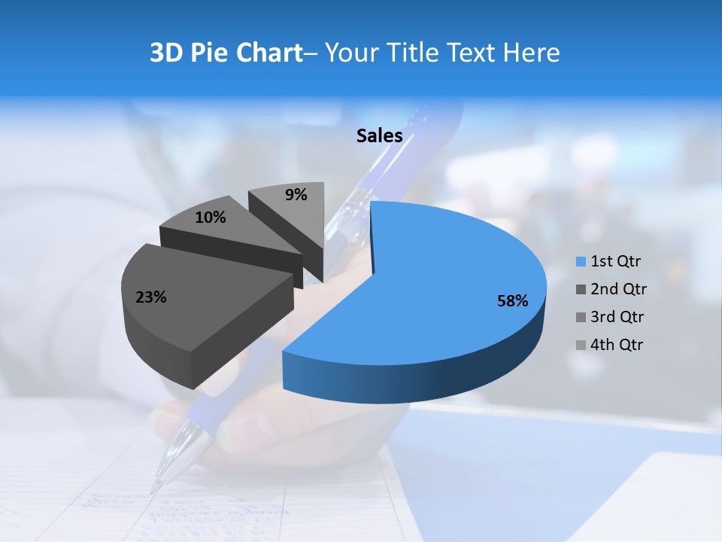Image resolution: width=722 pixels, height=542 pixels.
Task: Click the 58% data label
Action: tap(512, 301)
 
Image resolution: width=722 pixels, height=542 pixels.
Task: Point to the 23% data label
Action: tap(150, 297)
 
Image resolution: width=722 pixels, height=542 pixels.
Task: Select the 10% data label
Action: tap(210, 218)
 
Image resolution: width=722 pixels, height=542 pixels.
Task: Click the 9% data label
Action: tap(296, 195)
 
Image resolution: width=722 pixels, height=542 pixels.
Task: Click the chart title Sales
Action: tap(379, 135)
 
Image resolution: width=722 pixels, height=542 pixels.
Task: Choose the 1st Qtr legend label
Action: tap(615, 261)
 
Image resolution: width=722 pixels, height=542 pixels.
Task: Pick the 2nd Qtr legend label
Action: tap(618, 289)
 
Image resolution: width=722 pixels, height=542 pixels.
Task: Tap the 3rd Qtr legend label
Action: tap(618, 317)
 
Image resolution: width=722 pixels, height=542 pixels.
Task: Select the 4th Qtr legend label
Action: tap(617, 345)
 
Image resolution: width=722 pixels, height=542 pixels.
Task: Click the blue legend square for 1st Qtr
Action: tap(581, 262)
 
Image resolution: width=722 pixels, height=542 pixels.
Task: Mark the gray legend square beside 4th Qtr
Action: tap(581, 346)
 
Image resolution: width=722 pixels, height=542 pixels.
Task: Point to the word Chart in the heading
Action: tap(268, 53)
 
